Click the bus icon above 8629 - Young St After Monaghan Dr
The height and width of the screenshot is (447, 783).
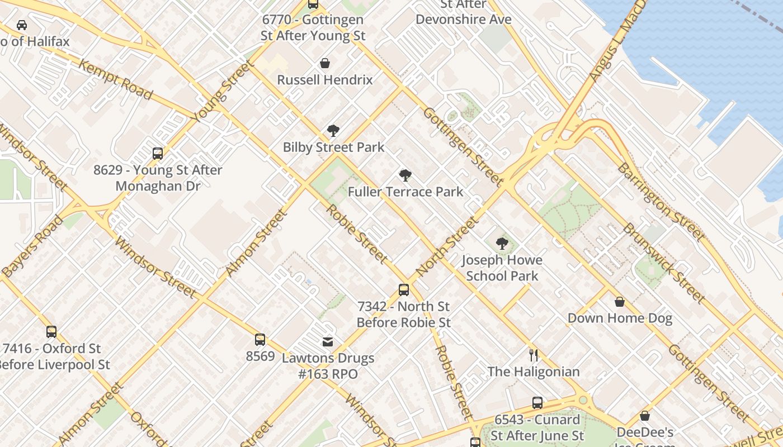tap(158, 153)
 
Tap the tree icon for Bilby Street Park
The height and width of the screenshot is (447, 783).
tap(333, 131)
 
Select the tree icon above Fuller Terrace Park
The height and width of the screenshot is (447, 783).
tap(405, 175)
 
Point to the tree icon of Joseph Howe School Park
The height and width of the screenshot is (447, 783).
tap(502, 244)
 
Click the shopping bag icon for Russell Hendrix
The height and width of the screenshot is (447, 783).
tap(325, 63)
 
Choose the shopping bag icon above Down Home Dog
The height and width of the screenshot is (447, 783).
tap(620, 302)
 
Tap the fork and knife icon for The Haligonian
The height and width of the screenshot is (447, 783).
tap(534, 355)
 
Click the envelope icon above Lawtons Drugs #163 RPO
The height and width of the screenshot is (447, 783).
tap(328, 341)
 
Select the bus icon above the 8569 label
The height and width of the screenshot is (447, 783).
tap(260, 339)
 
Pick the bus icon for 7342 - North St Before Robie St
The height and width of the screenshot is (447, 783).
tap(404, 289)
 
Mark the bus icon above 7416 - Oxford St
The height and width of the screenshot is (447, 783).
tap(51, 331)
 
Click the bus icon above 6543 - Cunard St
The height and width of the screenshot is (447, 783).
tap(537, 402)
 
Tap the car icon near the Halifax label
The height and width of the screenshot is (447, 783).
tap(22, 25)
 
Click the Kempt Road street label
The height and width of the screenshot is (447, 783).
tap(116, 80)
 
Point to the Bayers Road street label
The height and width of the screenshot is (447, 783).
tap(32, 246)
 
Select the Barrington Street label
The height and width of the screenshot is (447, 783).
tap(660, 202)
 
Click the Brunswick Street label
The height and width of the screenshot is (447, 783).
tap(663, 263)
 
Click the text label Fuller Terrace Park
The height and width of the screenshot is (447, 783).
tap(405, 192)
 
